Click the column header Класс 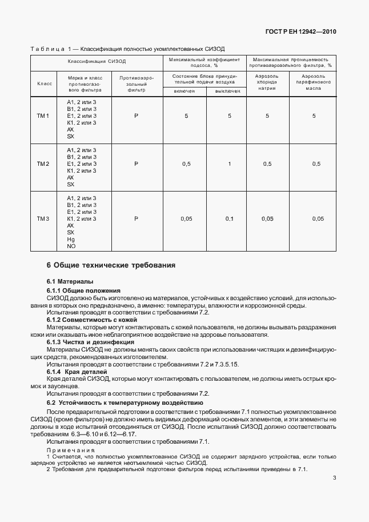pyautogui.click(x=45, y=83)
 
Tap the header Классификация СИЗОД pyautogui.click(x=97, y=61)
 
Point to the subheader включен pyautogui.click(x=185, y=90)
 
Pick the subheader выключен pyautogui.click(x=227, y=90)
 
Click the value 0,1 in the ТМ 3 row pyautogui.click(x=230, y=219)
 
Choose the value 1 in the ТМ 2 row pyautogui.click(x=230, y=164)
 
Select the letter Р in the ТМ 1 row pyautogui.click(x=137, y=116)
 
